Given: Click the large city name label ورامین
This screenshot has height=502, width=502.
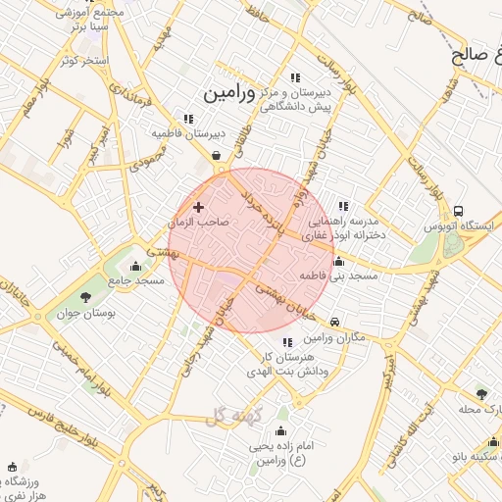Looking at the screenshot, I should [228, 93].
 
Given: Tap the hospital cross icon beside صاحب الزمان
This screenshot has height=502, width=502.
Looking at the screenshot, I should [199, 207].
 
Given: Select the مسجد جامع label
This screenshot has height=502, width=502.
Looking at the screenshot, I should [136, 280].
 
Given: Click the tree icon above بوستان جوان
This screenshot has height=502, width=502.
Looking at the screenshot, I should [86, 295].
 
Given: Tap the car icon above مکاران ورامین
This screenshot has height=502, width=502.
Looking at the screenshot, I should [335, 322].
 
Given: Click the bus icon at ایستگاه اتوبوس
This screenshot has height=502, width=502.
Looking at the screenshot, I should [458, 211].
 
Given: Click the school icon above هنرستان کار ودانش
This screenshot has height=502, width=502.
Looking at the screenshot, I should [286, 342].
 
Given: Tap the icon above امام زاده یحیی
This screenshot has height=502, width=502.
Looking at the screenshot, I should [282, 431].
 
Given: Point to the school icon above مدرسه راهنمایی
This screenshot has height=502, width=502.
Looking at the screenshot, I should [342, 206].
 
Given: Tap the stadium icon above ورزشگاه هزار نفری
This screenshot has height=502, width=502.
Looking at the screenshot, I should [12, 468].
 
